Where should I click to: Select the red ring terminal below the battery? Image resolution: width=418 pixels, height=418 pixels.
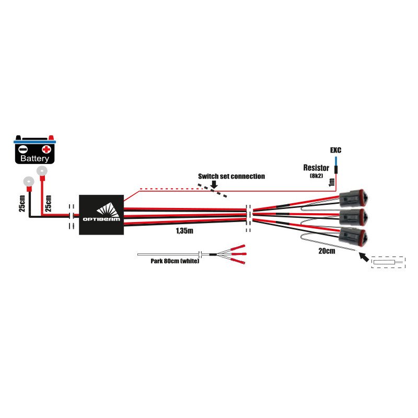pyautogui.click(x=41, y=170)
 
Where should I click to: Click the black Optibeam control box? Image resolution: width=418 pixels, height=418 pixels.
pyautogui.click(x=101, y=215)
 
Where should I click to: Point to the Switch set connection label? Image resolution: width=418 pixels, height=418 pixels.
pyautogui.click(x=231, y=177)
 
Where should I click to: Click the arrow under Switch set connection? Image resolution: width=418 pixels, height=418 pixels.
pyautogui.click(x=214, y=184)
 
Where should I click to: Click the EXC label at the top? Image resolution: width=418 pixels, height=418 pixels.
pyautogui.click(x=335, y=150)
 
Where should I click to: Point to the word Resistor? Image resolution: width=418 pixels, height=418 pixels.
pyautogui.click(x=316, y=168)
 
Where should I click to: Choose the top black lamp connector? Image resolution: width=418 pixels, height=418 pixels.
pyautogui.click(x=354, y=199)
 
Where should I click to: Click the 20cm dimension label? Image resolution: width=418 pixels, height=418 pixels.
pyautogui.click(x=327, y=251)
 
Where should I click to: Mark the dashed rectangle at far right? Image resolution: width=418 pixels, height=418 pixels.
pyautogui.click(x=388, y=262)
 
